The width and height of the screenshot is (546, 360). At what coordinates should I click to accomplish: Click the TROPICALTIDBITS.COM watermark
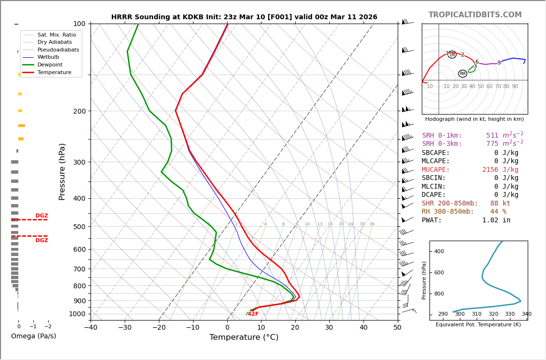coord(475,15)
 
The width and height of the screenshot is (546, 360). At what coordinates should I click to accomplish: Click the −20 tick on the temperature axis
coord(159,328)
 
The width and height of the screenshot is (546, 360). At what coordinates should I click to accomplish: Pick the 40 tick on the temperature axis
coord(364,328)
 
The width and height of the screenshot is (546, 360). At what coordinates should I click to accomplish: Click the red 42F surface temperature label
coord(253,314)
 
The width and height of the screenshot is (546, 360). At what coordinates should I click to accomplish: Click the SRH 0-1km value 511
coord(492,136)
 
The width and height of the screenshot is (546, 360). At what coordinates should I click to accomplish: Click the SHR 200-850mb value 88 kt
coord(500,204)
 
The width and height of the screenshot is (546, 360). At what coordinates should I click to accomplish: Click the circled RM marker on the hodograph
coord(462,74)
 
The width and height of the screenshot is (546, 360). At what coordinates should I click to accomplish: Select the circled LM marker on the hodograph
coord(452,55)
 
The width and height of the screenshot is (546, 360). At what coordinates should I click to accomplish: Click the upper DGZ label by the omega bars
coord(41,216)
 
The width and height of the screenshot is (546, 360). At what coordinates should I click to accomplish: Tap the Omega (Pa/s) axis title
coord(33,336)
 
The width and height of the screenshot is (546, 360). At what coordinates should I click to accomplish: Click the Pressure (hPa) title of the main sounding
coord(63,171)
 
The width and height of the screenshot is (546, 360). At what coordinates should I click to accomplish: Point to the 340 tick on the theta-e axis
coord(526,314)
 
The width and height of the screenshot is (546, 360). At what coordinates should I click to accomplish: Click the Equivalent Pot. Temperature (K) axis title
coord(478,325)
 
